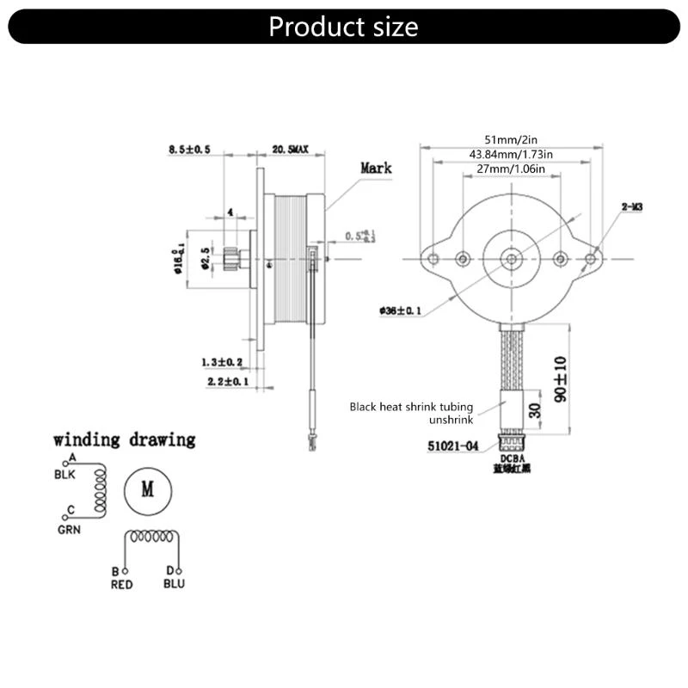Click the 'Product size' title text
(x=343, y=26)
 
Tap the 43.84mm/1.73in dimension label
(x=511, y=154)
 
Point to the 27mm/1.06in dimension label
(x=511, y=169)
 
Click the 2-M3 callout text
(x=633, y=206)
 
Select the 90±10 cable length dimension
(x=560, y=377)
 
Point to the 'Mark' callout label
(x=376, y=168)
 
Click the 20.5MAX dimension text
(x=291, y=149)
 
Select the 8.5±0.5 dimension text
(x=190, y=149)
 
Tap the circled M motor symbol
(x=147, y=490)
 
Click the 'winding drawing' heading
(x=125, y=439)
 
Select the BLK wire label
(x=65, y=474)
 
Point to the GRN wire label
(x=69, y=530)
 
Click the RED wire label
(x=123, y=585)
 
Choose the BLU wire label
(x=173, y=585)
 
